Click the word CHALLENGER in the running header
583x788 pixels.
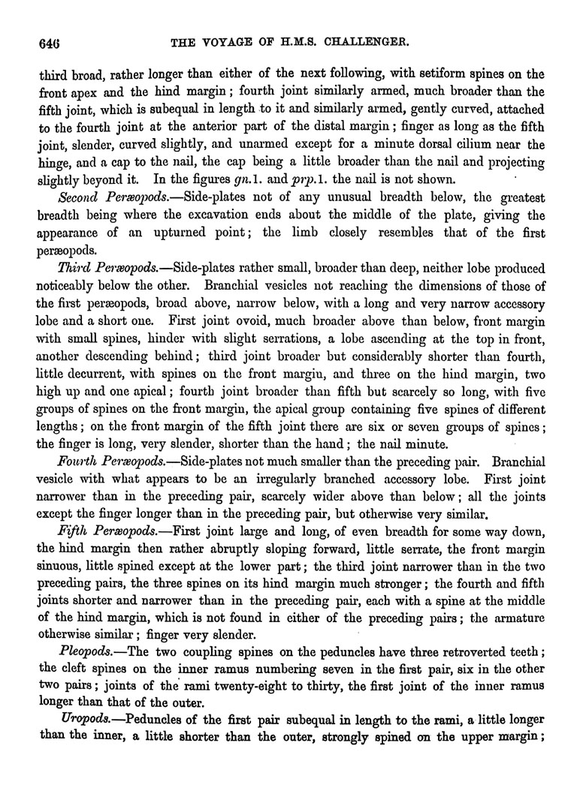(x=388, y=44)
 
